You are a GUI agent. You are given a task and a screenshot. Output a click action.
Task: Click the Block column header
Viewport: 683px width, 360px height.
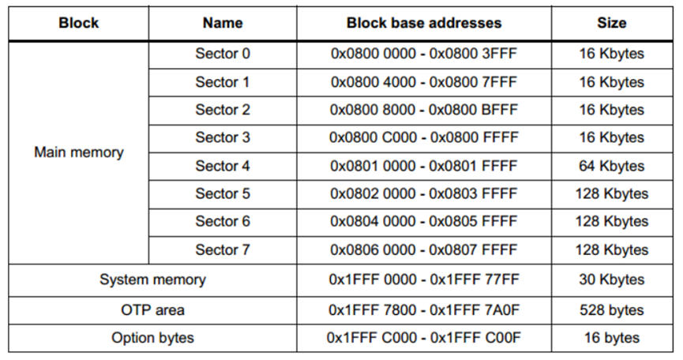coord(78,23)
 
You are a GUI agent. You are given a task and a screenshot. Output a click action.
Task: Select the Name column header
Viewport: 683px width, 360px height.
coord(222,23)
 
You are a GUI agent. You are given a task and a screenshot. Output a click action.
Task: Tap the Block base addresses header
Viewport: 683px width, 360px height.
coord(423,23)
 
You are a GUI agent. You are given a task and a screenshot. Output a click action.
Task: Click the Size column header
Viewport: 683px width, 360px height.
coord(611,23)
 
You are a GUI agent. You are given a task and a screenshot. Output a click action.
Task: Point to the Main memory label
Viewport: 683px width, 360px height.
coord(78,152)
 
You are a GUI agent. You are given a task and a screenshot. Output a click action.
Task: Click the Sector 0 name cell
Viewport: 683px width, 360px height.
coord(222,54)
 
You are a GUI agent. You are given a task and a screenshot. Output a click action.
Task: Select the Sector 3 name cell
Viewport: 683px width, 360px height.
coord(222,137)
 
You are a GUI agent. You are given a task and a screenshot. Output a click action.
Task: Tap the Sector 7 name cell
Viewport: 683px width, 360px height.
coord(222,249)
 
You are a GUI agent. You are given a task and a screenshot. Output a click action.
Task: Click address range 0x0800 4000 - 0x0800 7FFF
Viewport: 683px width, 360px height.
coord(423,82)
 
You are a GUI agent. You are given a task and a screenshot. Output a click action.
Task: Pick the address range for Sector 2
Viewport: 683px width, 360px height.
coord(423,110)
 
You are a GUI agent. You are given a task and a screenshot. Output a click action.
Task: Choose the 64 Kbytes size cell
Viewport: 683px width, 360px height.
coord(611,166)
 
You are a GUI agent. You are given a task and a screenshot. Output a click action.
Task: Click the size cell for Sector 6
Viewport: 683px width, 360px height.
coord(611,222)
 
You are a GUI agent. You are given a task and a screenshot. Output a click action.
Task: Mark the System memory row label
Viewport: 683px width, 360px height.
coord(152,279)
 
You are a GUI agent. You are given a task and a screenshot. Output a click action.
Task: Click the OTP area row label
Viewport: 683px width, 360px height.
coord(152,309)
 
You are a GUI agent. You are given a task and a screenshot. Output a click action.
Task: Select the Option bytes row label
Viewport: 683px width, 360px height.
coord(152,338)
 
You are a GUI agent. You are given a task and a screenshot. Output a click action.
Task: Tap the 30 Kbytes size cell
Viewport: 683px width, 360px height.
coord(611,279)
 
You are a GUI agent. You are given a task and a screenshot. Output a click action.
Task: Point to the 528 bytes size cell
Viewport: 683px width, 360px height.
coord(611,309)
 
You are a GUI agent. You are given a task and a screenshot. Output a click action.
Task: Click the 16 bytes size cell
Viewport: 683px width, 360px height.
coord(611,338)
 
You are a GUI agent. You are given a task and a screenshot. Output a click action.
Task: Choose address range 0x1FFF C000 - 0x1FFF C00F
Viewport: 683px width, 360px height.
coord(423,338)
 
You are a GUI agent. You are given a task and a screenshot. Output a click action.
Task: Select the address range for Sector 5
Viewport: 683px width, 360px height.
coord(423,193)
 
